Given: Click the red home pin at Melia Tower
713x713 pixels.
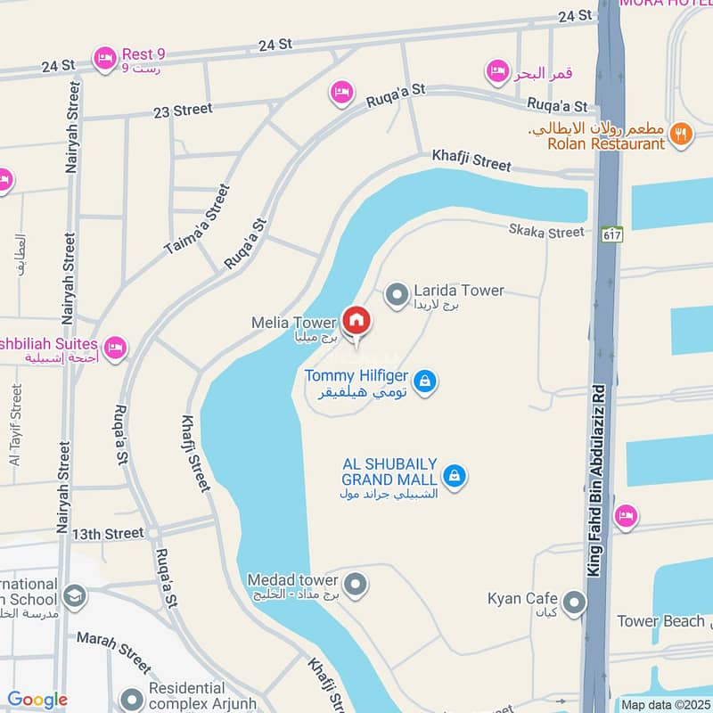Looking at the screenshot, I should click(x=356, y=321).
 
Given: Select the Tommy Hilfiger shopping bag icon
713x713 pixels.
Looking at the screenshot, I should click(x=426, y=381).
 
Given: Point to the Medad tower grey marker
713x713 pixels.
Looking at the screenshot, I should click(x=356, y=585).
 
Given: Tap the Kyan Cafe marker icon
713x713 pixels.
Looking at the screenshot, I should click(x=575, y=603).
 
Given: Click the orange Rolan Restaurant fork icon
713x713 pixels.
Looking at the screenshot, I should click(x=681, y=135).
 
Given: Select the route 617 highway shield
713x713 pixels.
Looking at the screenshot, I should click(x=611, y=234).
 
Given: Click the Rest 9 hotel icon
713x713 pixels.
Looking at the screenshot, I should click(x=105, y=59).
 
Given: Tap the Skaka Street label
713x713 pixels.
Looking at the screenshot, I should click(x=546, y=233).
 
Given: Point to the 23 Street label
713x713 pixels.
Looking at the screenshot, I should click(x=183, y=110).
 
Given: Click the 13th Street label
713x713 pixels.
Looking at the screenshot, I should click(x=108, y=533).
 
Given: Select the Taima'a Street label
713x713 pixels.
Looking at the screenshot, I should click(x=197, y=220).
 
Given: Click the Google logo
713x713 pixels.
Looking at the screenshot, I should click(x=37, y=701).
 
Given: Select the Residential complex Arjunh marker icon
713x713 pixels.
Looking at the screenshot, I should click(x=132, y=698).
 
